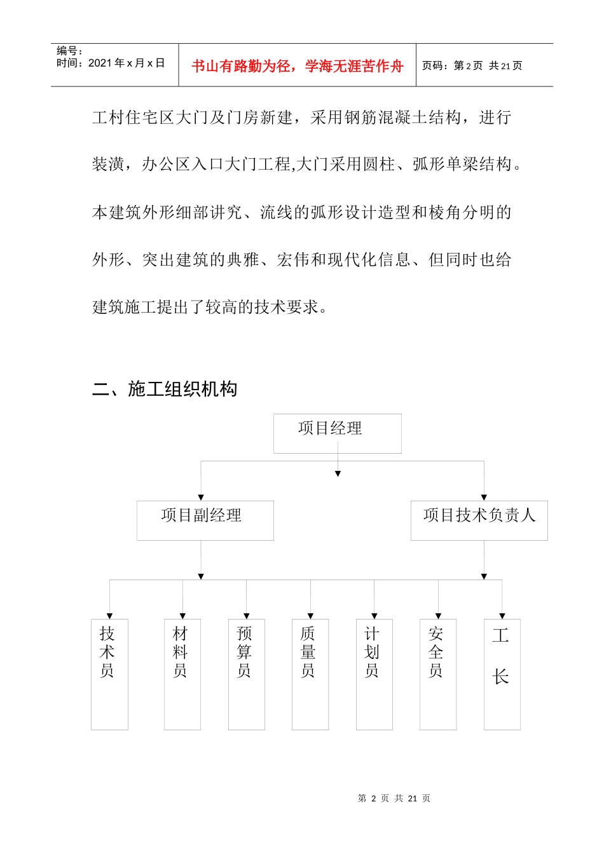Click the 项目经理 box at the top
[x=337, y=433]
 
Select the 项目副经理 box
[x=205, y=520]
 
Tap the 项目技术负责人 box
[x=479, y=520]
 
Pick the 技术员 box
[x=109, y=674]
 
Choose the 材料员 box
[x=182, y=674]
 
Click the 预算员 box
[x=246, y=674]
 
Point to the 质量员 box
[x=310, y=674]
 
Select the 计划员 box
[x=374, y=674]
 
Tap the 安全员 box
[x=438, y=674]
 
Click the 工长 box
[x=502, y=674]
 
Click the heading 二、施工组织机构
[x=165, y=389]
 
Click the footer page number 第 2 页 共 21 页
[x=394, y=798]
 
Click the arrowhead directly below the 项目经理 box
[x=338, y=473]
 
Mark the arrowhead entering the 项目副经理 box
[x=201, y=498]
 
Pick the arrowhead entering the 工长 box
[x=502, y=616]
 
